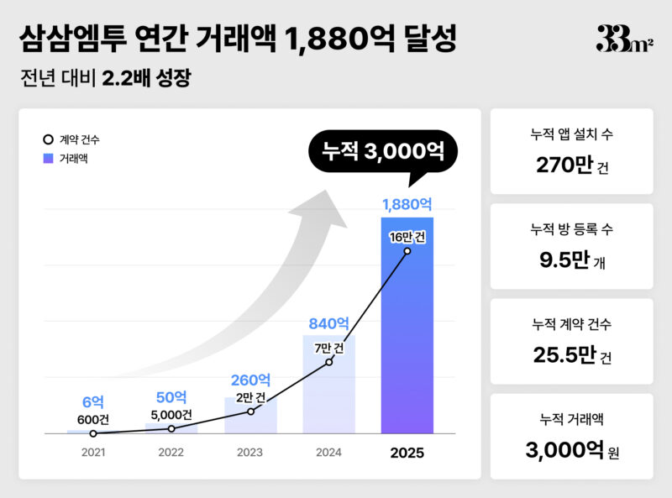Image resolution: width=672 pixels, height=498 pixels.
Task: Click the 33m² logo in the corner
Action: [624, 39]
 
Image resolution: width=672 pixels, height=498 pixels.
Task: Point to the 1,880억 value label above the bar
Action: [407, 204]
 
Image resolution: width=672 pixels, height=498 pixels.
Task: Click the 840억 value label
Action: [328, 322]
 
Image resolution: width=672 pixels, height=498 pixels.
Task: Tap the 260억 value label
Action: [250, 380]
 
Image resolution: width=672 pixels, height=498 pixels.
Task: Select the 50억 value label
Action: [171, 397]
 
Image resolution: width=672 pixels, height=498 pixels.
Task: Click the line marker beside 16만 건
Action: [407, 251]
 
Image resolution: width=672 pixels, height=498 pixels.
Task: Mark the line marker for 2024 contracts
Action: [328, 362]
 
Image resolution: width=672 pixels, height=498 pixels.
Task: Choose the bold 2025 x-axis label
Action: [407, 453]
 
